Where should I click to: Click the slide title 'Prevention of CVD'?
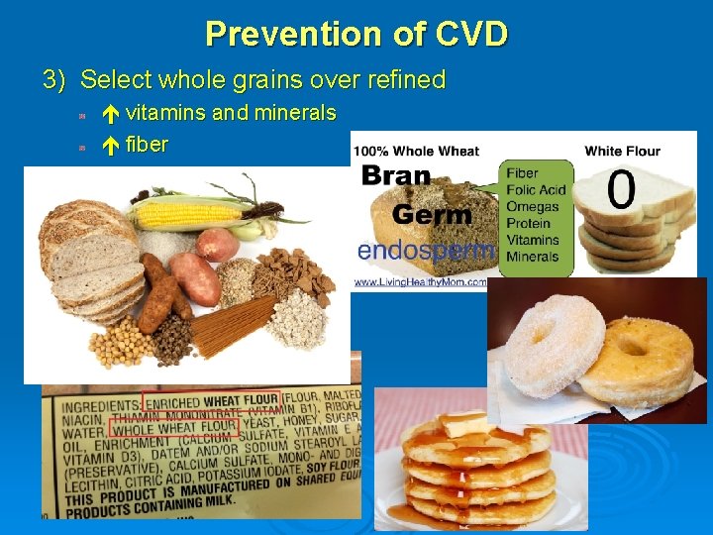tap(356, 34)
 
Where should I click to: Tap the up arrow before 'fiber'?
tap(111, 145)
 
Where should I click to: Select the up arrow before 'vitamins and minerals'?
tap(111, 113)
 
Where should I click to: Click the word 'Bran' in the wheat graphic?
tap(396, 176)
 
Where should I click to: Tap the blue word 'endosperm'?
tap(425, 250)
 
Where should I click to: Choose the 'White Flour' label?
tap(622, 151)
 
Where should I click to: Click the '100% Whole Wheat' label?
tap(417, 151)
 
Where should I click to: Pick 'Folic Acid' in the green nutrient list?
tap(536, 190)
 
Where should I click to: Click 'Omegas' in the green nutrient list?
tap(533, 207)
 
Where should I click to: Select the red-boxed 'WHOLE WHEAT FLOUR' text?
tap(174, 427)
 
